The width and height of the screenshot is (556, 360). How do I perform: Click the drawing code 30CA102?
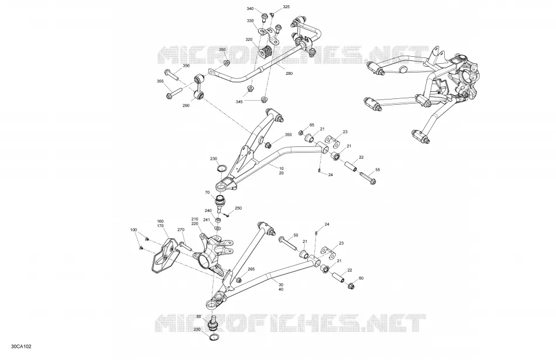click(21, 347)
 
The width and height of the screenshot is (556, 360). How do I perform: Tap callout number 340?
click(250, 9)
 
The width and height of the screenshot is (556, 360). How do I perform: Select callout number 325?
click(286, 7)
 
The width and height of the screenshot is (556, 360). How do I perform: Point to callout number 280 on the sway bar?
click(289, 73)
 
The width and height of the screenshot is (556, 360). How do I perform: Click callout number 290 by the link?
click(186, 105)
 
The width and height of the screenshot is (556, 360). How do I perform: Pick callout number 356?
click(186, 66)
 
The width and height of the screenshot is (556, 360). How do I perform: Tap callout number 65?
click(312, 125)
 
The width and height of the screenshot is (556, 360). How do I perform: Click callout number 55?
click(377, 170)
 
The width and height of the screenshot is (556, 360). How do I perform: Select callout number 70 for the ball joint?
click(207, 193)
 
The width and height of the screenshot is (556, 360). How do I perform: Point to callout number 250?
click(238, 208)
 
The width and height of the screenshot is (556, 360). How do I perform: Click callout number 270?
click(181, 230)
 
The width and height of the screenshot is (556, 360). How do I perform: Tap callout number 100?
click(133, 230)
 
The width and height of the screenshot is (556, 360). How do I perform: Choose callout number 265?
click(251, 269)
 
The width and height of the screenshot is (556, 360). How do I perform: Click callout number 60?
click(361, 279)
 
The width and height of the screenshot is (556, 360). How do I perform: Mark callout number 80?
click(198, 316)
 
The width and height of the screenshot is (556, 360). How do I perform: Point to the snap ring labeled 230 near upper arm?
click(222, 168)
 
